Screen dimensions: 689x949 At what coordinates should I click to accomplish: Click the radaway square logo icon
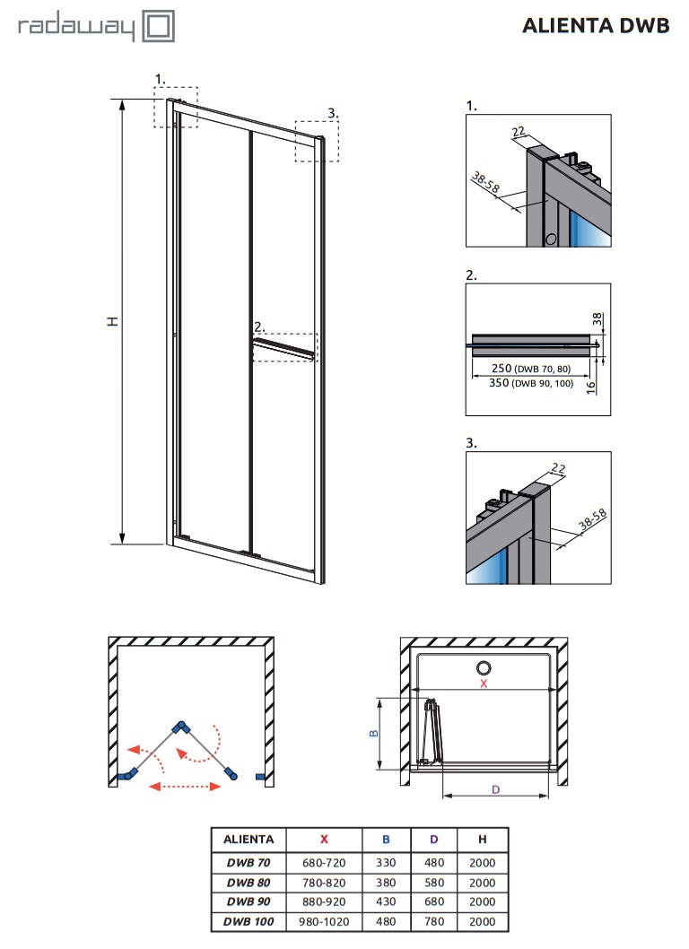[159, 27]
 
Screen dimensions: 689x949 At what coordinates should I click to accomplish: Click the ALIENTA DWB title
[596, 25]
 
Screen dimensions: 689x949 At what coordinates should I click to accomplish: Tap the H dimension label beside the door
[113, 321]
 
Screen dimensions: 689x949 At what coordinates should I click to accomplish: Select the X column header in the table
[324, 839]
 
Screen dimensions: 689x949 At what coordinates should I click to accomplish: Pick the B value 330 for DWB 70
[386, 863]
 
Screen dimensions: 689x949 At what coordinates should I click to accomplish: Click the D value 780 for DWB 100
[433, 921]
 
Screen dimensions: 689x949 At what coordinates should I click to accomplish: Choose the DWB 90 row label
[249, 901]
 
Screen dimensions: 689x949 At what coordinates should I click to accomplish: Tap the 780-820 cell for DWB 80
[324, 883]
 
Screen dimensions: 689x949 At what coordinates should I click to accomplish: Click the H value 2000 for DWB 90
[482, 901]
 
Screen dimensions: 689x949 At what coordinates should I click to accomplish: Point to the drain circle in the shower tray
[484, 668]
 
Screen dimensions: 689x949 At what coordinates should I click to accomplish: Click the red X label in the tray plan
[484, 683]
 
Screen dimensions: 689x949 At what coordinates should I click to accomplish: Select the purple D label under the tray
[496, 789]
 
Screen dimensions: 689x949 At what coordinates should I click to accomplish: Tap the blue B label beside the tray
[373, 733]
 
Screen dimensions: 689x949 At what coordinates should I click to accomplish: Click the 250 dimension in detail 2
[501, 368]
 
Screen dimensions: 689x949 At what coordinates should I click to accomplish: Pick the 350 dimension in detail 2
[499, 382]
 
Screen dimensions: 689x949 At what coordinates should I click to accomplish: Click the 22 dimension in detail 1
[519, 131]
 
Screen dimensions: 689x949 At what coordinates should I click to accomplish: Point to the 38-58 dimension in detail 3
[592, 520]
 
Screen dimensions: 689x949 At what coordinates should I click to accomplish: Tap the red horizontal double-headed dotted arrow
[185, 786]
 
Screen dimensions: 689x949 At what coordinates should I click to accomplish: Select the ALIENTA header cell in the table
[249, 839]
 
